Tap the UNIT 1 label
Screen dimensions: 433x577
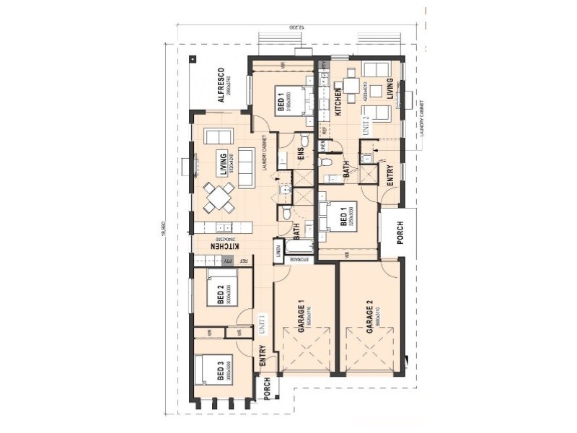(x=263, y=323)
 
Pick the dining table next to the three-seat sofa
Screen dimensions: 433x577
(x=219, y=197)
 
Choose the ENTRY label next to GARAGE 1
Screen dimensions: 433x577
(x=263, y=356)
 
